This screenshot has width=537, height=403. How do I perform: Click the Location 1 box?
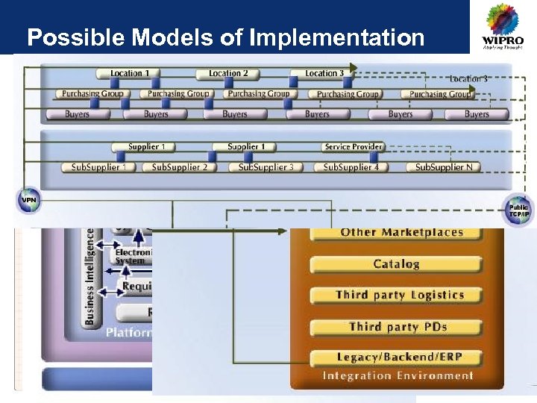pos(130,74)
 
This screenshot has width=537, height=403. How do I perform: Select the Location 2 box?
pos(228,74)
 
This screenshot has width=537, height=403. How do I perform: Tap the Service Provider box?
pos(354,147)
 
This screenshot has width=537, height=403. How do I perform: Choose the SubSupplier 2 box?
pos(180,167)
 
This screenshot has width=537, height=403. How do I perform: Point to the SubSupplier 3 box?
pos(266,167)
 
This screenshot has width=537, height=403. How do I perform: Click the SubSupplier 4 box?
pos(351,167)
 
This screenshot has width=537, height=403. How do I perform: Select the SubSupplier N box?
pos(444,167)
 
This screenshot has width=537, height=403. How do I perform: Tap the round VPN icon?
pos(28,200)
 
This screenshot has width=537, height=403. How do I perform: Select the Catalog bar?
pos(396,264)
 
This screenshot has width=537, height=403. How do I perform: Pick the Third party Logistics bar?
pos(396,296)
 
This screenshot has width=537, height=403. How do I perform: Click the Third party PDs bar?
pos(396,327)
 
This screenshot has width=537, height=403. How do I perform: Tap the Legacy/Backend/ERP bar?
pos(396,358)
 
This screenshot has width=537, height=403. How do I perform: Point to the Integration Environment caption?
pos(398,376)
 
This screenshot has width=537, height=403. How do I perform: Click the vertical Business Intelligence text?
pos(90,276)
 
